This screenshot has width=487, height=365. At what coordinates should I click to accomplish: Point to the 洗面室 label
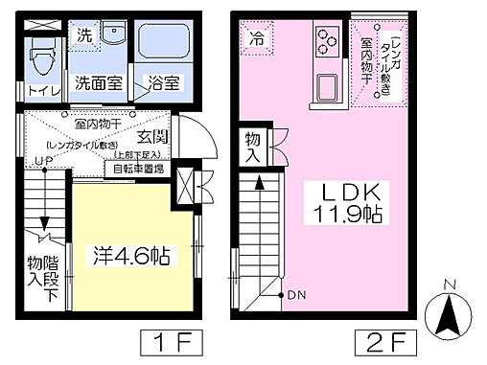pos(99,82)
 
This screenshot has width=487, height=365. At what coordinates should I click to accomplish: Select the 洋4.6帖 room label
pos(132,257)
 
